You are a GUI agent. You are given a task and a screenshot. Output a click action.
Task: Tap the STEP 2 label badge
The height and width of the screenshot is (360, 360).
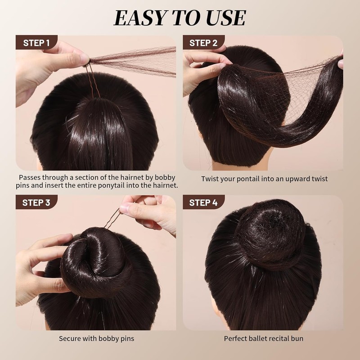coord(203,43)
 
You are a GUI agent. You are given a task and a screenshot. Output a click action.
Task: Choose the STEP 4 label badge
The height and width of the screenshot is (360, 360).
coord(203,202)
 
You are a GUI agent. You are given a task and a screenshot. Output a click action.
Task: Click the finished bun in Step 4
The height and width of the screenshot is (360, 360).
coord(265,241)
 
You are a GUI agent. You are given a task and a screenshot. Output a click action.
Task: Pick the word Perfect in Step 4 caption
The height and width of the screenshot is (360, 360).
coord(237,338)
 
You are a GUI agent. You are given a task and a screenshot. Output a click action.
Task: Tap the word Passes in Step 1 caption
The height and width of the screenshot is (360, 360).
coord(34,177)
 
